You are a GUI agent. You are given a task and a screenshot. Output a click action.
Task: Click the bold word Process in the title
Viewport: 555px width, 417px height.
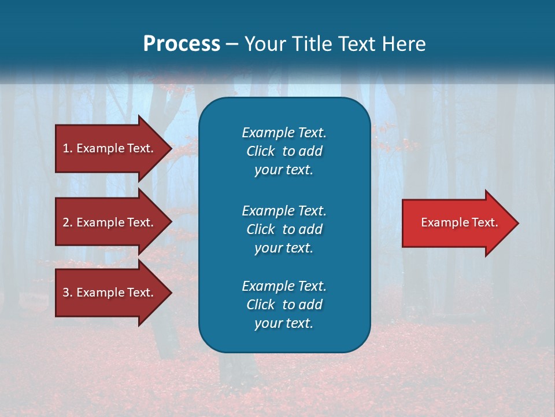(182, 44)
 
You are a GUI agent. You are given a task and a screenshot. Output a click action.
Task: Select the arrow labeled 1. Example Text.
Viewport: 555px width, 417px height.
(110, 148)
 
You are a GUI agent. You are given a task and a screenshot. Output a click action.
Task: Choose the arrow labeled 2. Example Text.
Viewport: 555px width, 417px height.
(110, 222)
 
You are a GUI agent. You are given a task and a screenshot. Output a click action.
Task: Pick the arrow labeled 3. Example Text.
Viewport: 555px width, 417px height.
(110, 292)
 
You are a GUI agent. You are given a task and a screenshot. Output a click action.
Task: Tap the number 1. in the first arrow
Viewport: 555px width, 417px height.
(68, 148)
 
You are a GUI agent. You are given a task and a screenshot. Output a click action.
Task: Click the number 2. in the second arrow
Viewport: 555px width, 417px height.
(68, 222)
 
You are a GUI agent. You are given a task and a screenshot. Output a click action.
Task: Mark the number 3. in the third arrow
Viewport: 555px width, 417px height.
(68, 292)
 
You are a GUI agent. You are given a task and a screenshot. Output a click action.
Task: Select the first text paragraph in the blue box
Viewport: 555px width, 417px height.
(284, 151)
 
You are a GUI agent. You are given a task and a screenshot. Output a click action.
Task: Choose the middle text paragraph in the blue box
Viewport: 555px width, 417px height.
(284, 229)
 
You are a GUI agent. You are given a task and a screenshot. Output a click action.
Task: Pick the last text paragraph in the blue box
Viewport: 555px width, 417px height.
(284, 305)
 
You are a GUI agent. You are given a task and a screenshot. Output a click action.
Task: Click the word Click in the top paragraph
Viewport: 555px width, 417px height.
(260, 151)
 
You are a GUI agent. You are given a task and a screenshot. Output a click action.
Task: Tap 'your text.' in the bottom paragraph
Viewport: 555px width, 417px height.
(284, 323)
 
